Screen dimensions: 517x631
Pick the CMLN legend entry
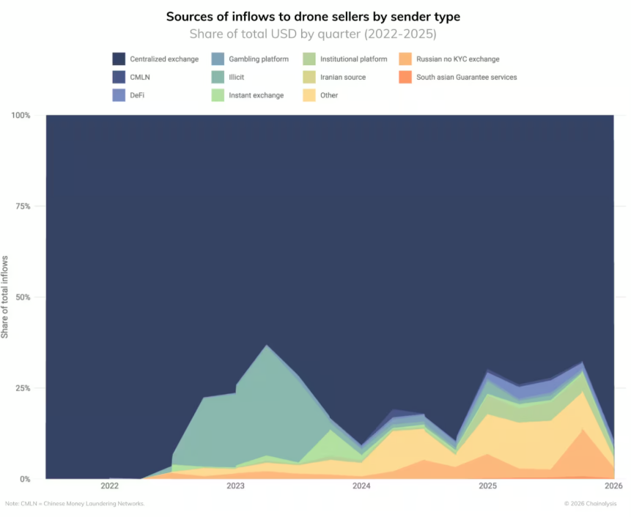(x=141, y=77)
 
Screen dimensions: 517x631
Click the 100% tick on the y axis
(x=21, y=116)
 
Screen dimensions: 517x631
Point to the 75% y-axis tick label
(x=23, y=207)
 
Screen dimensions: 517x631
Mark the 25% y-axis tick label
(x=23, y=388)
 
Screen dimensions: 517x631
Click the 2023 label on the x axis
(x=235, y=486)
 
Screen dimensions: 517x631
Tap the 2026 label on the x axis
(x=613, y=486)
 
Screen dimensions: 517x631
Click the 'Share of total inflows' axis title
(x=6, y=297)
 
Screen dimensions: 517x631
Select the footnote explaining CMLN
(x=75, y=504)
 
